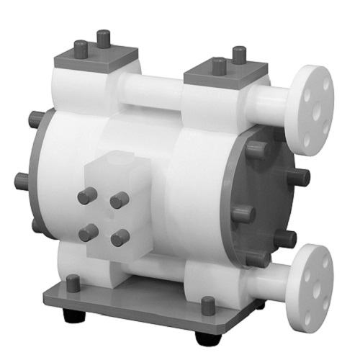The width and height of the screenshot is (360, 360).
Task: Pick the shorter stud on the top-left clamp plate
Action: [81, 49]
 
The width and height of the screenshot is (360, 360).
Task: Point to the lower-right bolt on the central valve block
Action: [120, 237]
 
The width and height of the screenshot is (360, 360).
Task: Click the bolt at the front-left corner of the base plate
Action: [72, 284]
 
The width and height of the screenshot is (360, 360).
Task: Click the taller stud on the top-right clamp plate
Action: [238, 55]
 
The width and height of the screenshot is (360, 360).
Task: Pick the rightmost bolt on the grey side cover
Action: [301, 176]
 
